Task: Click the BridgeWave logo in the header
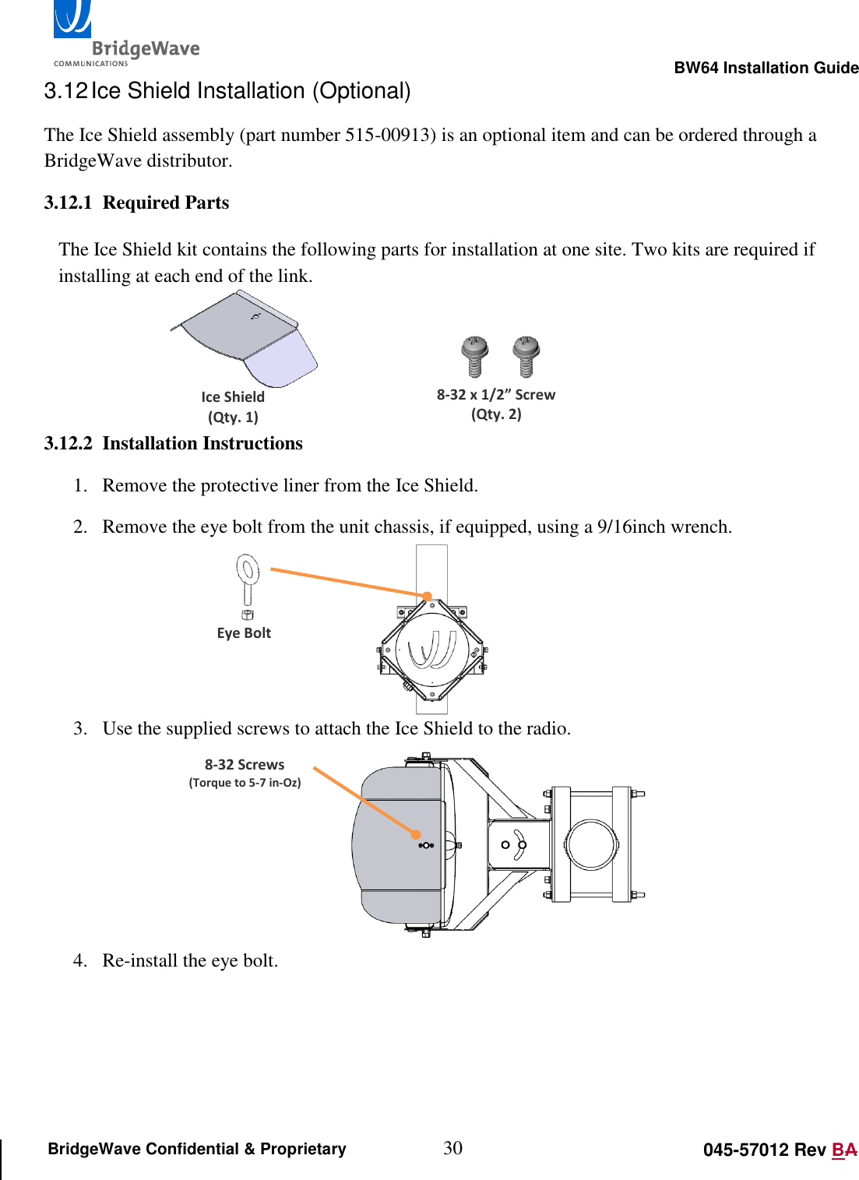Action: tap(125, 35)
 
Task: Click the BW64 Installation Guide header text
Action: tap(766, 68)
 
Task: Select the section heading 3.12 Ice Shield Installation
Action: tap(227, 91)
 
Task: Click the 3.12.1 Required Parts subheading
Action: tap(136, 203)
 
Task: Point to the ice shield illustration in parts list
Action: tap(245, 338)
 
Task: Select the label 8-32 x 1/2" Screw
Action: tap(495, 394)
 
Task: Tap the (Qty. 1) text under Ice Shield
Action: tap(233, 417)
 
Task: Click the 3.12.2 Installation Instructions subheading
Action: tap(173, 443)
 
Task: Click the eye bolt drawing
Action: tap(248, 583)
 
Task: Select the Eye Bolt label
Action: tap(244, 633)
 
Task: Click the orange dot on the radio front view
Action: tap(427, 596)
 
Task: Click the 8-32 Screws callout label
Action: tap(245, 765)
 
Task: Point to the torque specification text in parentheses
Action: tap(245, 783)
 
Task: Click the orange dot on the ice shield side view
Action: tap(417, 834)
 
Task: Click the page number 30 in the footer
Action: tap(452, 1147)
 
